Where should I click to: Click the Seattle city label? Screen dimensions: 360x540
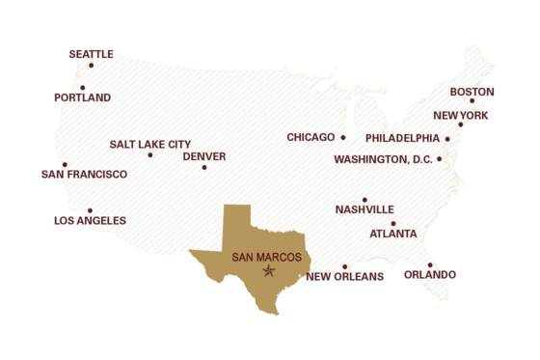(91, 54)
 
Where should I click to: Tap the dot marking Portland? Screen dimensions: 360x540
(82, 88)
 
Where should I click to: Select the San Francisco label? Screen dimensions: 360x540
(84, 174)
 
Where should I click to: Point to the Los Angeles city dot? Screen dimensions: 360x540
(90, 210)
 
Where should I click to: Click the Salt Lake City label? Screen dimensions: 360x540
(149, 144)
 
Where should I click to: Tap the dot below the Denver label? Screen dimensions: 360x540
(203, 168)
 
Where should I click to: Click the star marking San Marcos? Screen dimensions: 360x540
(269, 271)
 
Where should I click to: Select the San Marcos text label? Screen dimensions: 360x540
(266, 258)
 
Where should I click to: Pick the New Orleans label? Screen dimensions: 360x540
(344, 277)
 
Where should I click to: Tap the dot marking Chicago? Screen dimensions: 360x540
(342, 137)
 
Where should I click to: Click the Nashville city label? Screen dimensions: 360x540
(364, 209)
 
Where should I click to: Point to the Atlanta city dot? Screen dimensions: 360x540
(392, 223)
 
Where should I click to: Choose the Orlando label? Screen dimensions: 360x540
(430, 275)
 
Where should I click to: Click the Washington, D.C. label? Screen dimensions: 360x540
(383, 159)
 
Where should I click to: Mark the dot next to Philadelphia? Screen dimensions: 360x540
(447, 138)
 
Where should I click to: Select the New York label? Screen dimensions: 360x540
(460, 115)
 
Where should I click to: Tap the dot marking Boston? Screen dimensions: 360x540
(472, 100)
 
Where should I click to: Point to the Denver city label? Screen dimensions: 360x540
(203, 156)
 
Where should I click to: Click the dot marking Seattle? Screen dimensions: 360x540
(91, 65)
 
